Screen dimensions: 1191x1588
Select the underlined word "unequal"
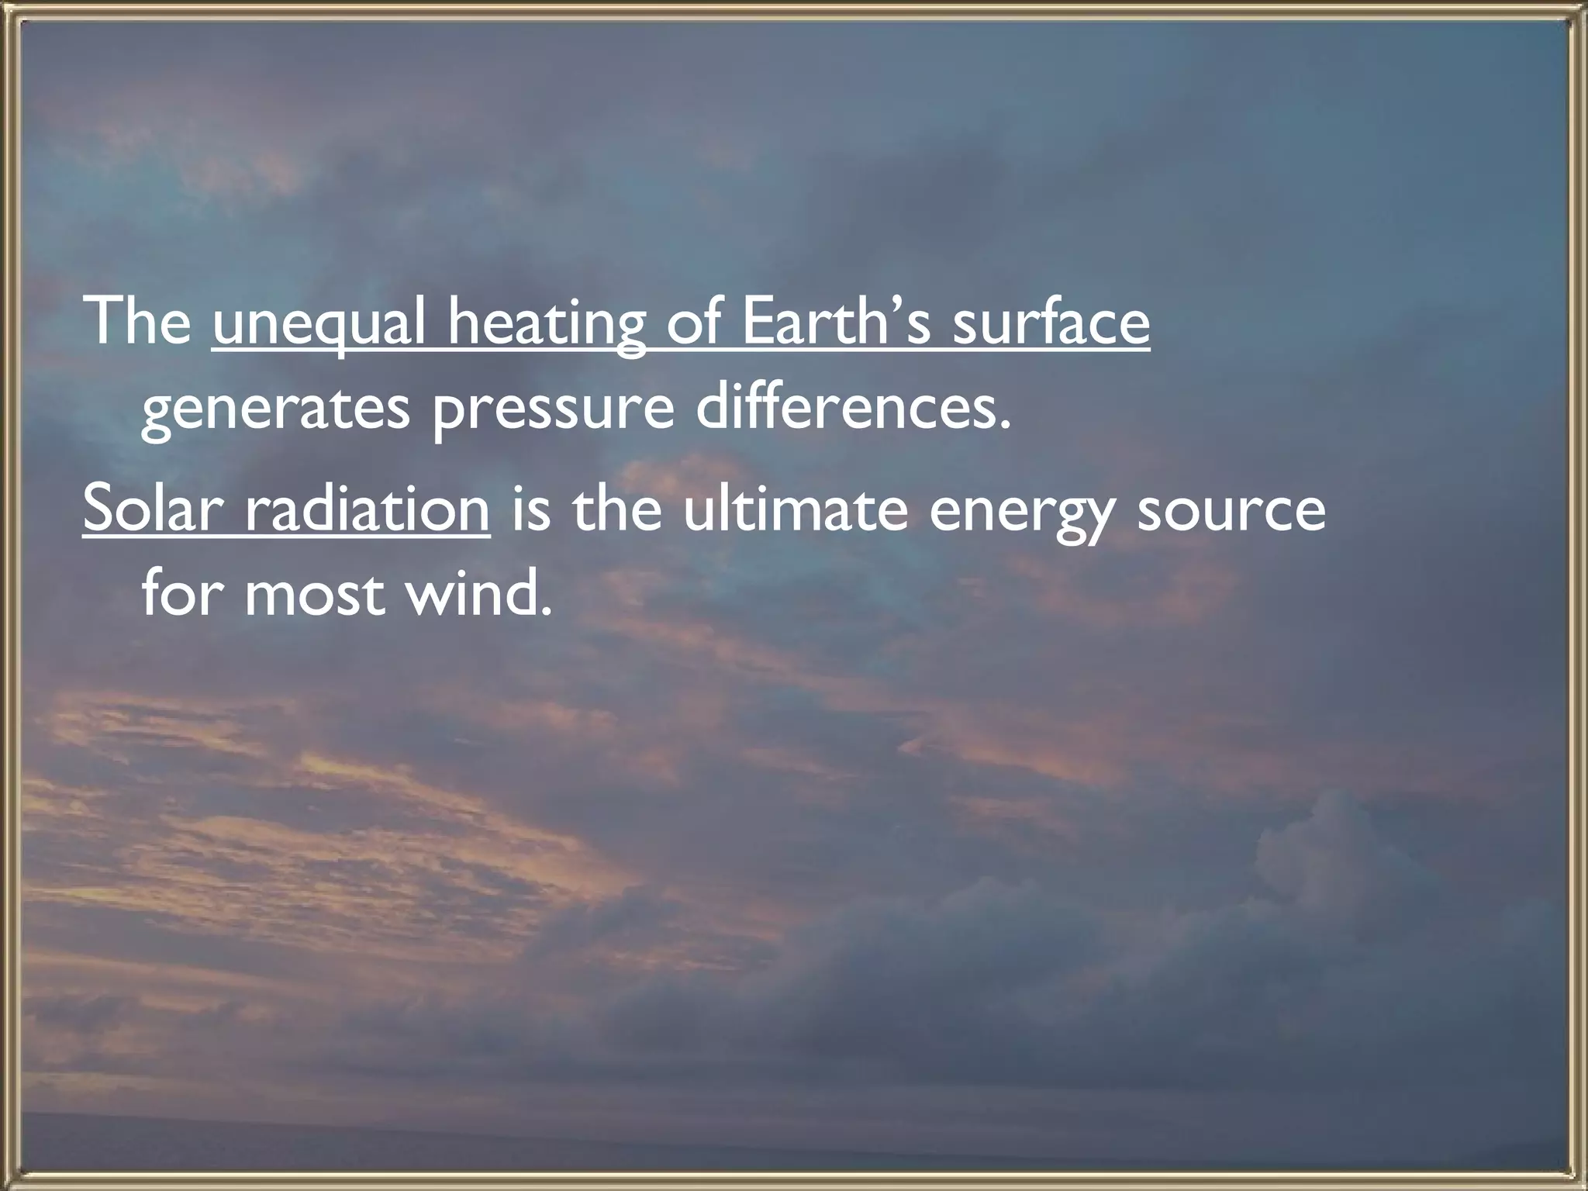tap(319, 324)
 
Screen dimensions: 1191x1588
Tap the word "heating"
tap(547, 324)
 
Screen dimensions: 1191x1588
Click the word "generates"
tap(275, 411)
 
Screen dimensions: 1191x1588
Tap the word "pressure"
tap(553, 411)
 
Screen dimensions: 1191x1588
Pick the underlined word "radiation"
tap(368, 508)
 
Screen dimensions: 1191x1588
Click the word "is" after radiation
tap(530, 508)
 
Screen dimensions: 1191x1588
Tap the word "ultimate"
tap(796, 508)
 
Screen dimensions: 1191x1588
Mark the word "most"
tap(315, 595)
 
